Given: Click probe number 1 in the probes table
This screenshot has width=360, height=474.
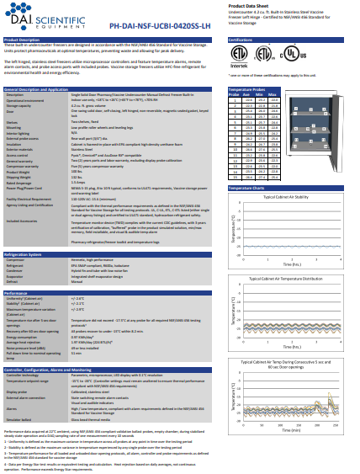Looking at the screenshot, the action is (x=235, y=99).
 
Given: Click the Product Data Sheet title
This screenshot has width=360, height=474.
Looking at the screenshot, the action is (x=250, y=5).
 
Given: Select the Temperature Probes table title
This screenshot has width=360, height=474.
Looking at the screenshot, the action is (x=248, y=88).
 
